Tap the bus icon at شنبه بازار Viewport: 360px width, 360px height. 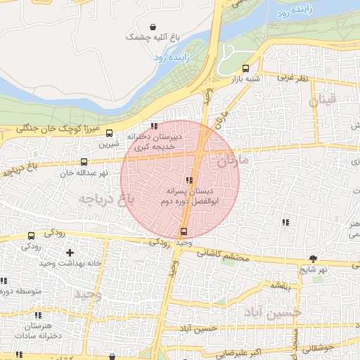[x=245, y=68]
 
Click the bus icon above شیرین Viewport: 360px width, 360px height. [x=109, y=133]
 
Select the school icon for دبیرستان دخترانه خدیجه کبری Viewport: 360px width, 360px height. [x=154, y=126]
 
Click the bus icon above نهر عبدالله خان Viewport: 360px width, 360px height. [x=84, y=162]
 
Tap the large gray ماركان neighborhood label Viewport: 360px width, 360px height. [x=233, y=161]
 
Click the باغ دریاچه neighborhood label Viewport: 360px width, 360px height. [x=105, y=198]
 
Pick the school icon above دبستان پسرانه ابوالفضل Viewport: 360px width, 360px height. [x=188, y=180]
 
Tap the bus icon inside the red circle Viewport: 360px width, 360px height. [x=184, y=231]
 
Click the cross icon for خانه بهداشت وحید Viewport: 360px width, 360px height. [x=69, y=252]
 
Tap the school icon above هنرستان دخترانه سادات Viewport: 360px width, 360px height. [x=37, y=316]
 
